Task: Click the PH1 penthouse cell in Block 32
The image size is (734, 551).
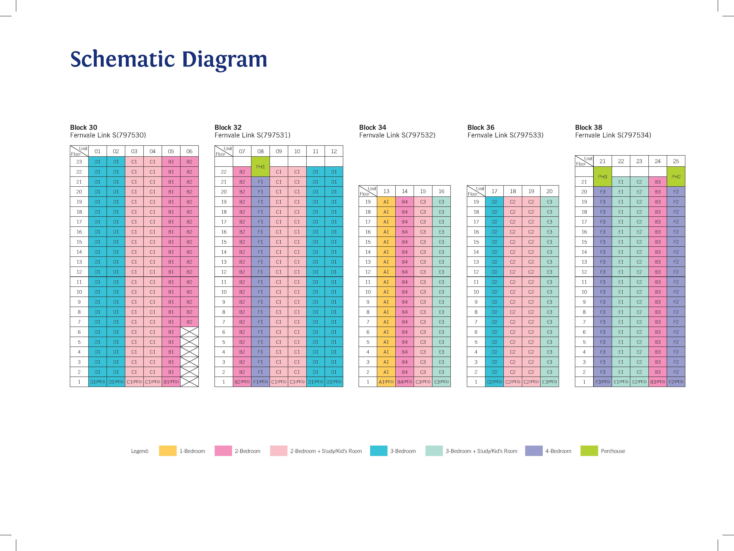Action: pos(260,167)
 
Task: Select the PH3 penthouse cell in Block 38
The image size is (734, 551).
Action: pos(602,177)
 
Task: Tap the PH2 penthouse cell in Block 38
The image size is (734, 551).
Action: pos(676,177)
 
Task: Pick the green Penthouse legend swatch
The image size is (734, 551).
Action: pos(589,451)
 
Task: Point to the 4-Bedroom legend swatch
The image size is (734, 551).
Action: pos(534,451)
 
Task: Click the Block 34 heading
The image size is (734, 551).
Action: pos(373,128)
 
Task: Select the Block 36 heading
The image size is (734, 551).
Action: pos(481,128)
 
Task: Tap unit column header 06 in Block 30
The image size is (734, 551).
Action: pos(189,151)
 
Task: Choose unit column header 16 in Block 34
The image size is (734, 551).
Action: pos(441,191)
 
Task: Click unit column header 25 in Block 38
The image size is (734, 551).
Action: pos(676,161)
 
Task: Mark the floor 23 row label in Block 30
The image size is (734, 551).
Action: pos(79,162)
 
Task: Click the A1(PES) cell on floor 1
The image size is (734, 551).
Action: pos(386,382)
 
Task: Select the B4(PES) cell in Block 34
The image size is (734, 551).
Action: pos(404,382)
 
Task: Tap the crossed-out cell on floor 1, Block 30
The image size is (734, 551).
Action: pos(189,382)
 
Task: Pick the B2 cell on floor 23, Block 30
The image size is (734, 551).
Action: pos(189,162)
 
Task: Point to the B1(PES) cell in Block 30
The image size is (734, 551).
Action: pos(171,382)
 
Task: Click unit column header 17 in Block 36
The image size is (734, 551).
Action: pos(494,191)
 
